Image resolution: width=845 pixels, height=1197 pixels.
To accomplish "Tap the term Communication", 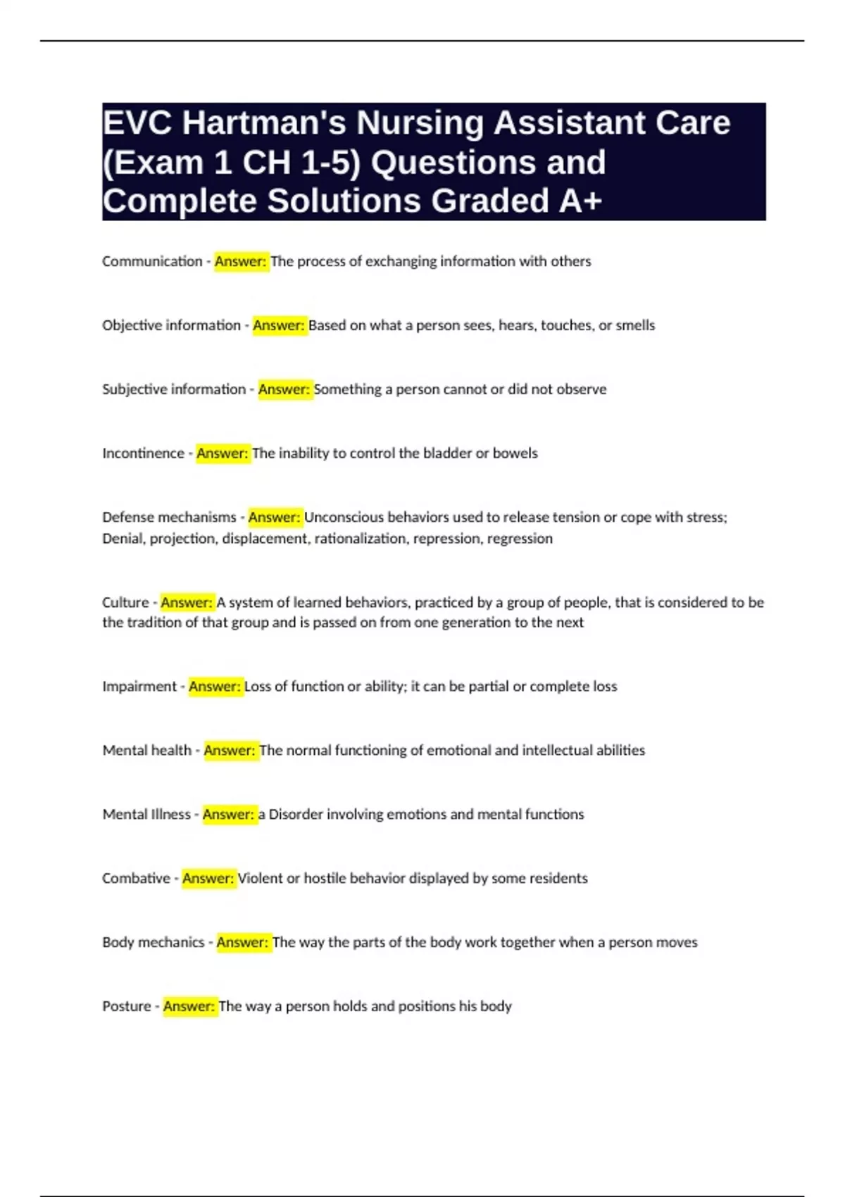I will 152,261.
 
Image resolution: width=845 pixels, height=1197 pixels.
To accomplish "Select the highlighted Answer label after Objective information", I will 279,325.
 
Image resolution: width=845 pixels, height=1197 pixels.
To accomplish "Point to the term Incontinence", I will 143,453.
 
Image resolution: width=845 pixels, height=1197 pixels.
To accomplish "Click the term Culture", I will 125,603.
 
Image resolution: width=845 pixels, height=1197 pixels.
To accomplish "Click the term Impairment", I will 139,687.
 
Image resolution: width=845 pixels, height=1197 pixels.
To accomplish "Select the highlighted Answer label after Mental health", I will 230,751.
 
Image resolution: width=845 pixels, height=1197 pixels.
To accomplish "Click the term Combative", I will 136,879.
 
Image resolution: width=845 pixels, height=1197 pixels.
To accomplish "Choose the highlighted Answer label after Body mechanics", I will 242,943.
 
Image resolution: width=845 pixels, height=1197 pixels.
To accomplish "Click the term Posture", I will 127,1007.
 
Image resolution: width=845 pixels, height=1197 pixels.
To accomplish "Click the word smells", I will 635,325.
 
